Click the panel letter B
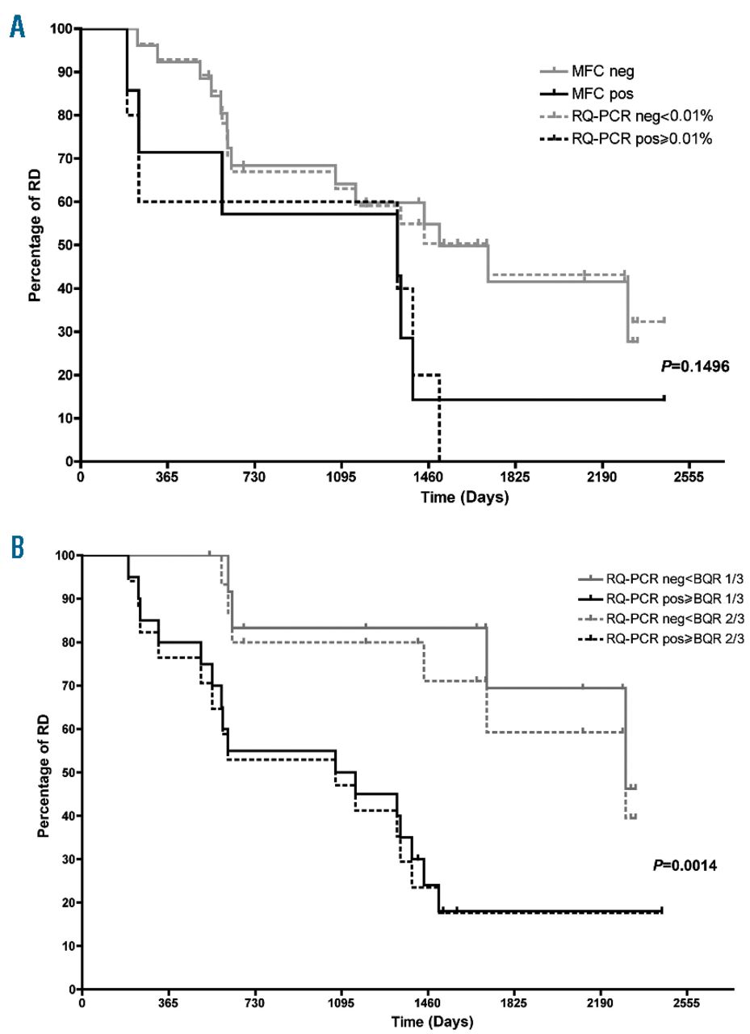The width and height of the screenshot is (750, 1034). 16,549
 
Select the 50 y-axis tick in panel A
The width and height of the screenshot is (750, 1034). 65,245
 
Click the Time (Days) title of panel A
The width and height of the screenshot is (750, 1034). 464,498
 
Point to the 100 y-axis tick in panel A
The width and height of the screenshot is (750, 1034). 61,29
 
